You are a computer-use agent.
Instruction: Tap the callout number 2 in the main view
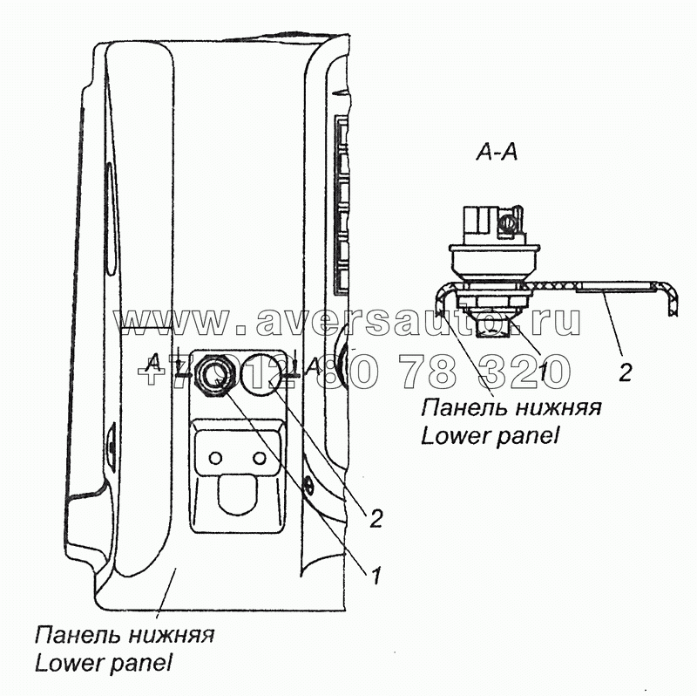pyautogui.click(x=376, y=520)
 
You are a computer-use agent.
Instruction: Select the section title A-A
pyautogui.click(x=497, y=154)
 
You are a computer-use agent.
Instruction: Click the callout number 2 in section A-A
pyautogui.click(x=625, y=372)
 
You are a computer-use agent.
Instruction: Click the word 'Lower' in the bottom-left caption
pyautogui.click(x=69, y=663)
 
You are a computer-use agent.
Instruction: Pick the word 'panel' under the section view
pyautogui.click(x=527, y=435)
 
